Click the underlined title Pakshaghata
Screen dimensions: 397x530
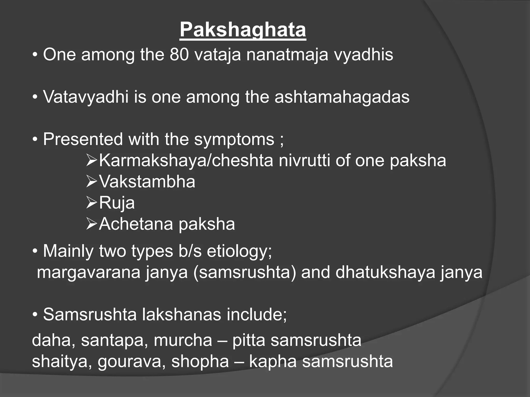click(x=243, y=30)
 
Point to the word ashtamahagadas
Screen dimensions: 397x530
click(x=342, y=97)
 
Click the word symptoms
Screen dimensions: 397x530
click(x=234, y=139)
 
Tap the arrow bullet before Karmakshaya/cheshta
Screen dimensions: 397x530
click(x=91, y=161)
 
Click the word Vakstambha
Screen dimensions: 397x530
click(x=147, y=182)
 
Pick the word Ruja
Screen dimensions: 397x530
click(x=117, y=203)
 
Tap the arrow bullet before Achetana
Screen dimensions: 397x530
click(x=91, y=224)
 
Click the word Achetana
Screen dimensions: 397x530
click(x=136, y=224)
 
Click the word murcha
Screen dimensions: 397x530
click(x=183, y=340)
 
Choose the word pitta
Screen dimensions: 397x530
click(x=249, y=340)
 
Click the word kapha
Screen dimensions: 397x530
click(x=273, y=361)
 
